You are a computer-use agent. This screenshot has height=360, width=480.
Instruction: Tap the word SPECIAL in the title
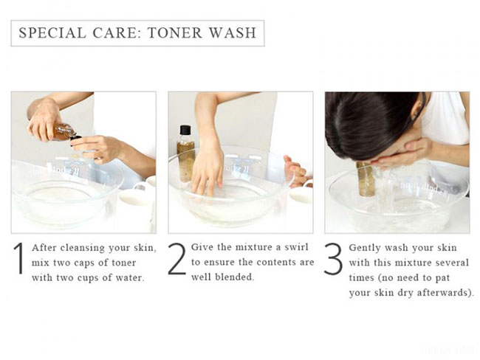[x=46, y=33]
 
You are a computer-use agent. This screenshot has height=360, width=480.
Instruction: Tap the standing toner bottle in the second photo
[x=185, y=152]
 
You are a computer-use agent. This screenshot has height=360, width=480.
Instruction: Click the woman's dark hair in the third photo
[x=369, y=122]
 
